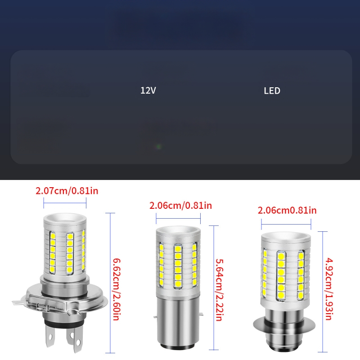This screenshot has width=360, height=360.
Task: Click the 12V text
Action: pyautogui.click(x=148, y=90)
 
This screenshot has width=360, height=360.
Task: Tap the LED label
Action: pyautogui.click(x=272, y=90)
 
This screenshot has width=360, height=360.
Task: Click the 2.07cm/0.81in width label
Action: pyautogui.click(x=67, y=190)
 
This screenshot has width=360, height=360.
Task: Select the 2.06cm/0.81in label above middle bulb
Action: pyautogui.click(x=180, y=206)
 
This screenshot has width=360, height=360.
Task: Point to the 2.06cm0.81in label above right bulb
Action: pyautogui.click(x=287, y=210)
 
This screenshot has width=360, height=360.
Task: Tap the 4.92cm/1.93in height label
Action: pyautogui.click(x=328, y=288)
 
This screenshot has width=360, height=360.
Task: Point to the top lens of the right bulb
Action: pyautogui.click(x=286, y=238)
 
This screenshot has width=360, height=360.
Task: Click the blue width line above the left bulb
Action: pyautogui.click(x=66, y=202)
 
